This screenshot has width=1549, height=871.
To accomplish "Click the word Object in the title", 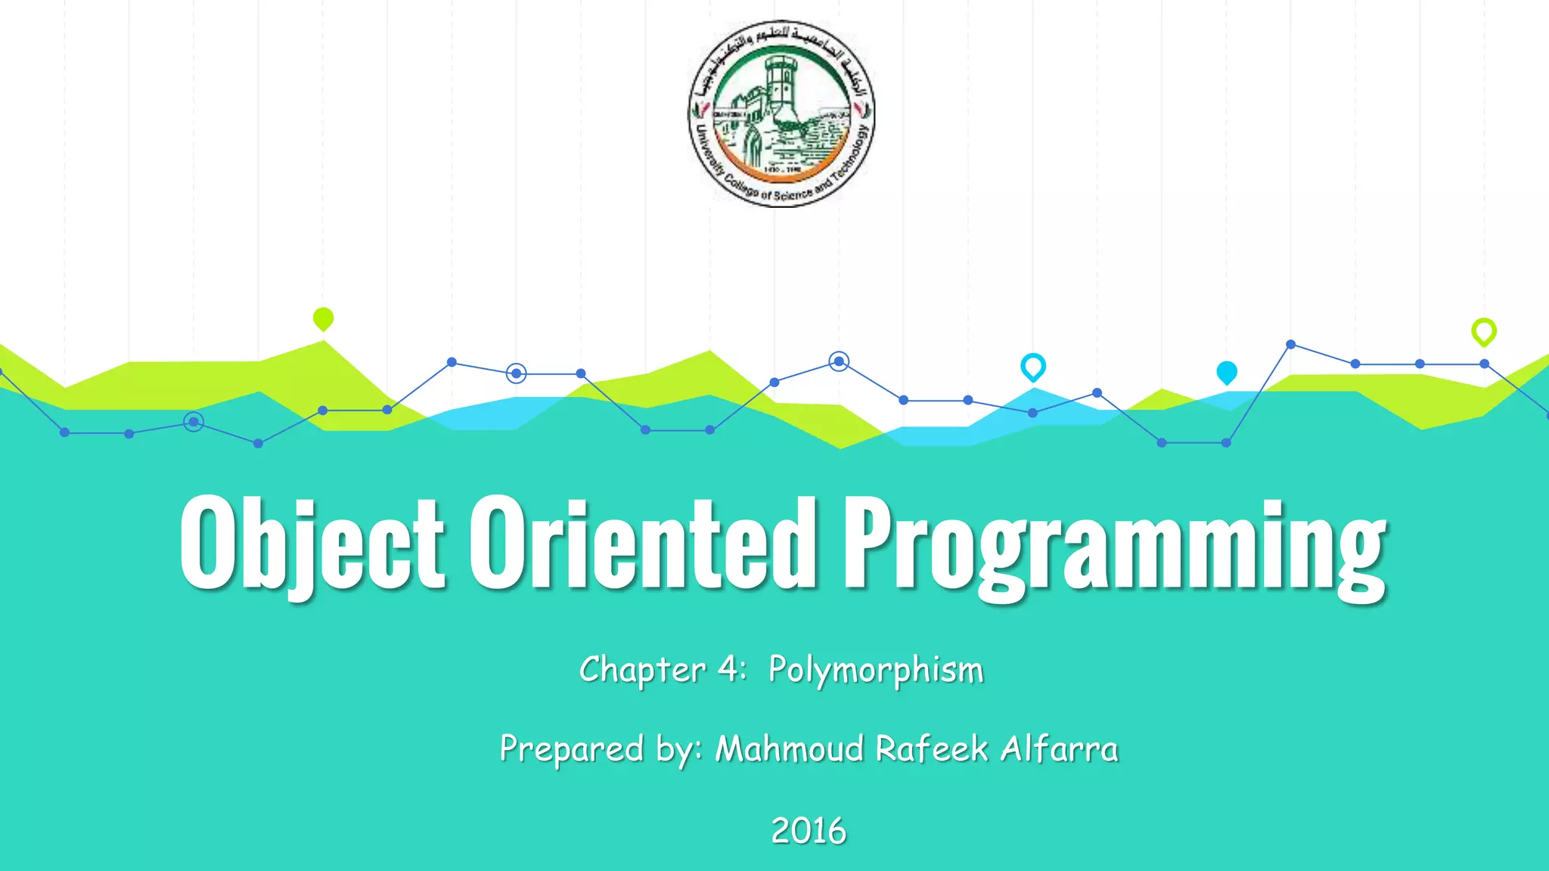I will [312, 543].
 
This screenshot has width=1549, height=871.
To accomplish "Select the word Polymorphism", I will [876, 670].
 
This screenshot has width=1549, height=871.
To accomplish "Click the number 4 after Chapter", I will [728, 669].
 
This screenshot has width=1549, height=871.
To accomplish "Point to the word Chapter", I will [642, 670].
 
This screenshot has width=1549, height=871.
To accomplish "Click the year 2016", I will [808, 831].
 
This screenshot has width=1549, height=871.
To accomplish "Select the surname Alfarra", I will [1059, 749].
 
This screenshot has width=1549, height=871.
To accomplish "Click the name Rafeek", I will [932, 749].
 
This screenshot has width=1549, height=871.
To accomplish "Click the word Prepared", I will [572, 749].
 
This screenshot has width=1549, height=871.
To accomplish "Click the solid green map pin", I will [323, 318].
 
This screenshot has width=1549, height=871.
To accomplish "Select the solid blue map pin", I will [1226, 372].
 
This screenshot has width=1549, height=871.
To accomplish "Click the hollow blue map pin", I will [1032, 367].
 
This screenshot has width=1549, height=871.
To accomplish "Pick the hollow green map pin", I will [1483, 331].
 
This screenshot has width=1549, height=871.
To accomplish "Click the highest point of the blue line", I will [1290, 345].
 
